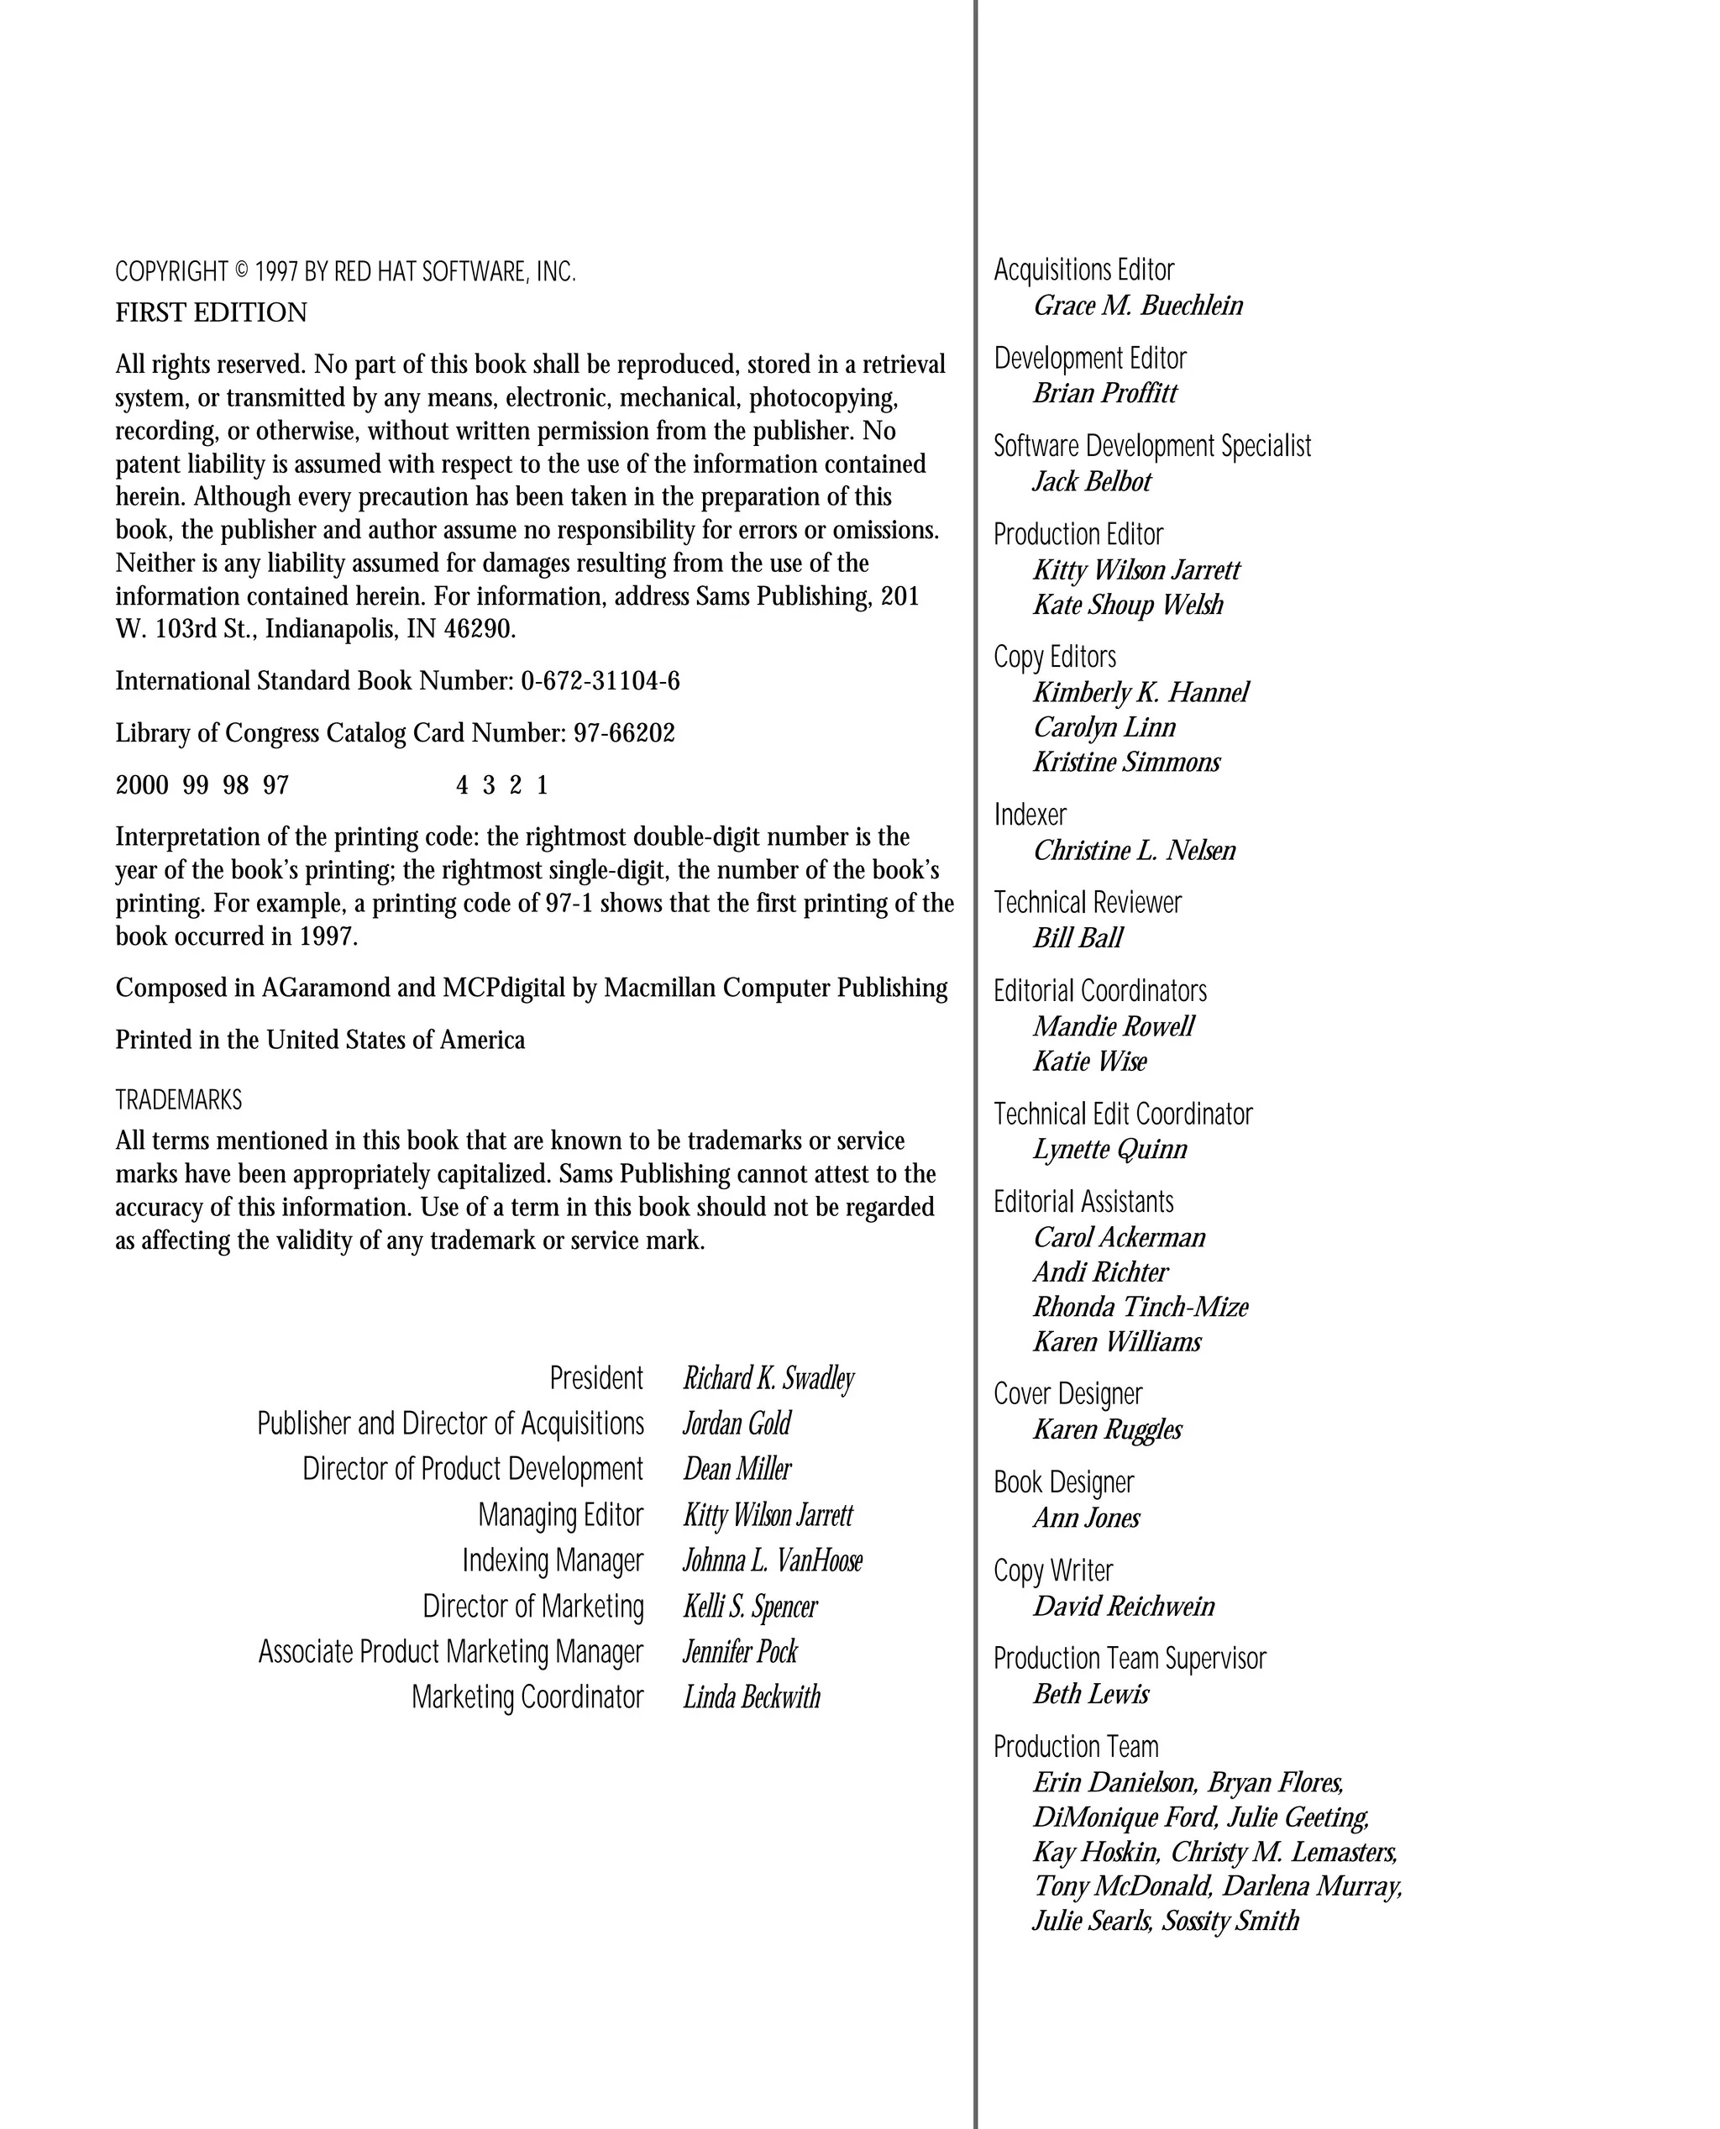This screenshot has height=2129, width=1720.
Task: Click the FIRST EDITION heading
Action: pyautogui.click(x=211, y=313)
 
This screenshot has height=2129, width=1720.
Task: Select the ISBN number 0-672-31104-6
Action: pyautogui.click(x=600, y=682)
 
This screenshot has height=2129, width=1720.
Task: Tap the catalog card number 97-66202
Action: pyautogui.click(x=624, y=733)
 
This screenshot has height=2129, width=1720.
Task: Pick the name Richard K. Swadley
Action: pyautogui.click(x=768, y=1378)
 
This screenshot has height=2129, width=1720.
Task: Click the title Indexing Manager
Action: pyautogui.click(x=553, y=1560)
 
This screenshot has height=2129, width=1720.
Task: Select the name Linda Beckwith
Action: pyautogui.click(x=752, y=1697)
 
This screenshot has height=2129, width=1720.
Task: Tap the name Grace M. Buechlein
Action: pyautogui.click(x=1137, y=305)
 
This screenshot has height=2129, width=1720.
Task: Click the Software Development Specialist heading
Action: pyautogui.click(x=1152, y=446)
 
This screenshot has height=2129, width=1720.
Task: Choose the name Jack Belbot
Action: pyautogui.click(x=1092, y=481)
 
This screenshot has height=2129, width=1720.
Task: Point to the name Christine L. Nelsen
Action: pyautogui.click(x=1135, y=850)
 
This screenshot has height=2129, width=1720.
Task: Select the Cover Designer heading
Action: pyautogui.click(x=1068, y=1394)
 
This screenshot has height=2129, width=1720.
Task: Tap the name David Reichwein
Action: pyautogui.click(x=1124, y=1606)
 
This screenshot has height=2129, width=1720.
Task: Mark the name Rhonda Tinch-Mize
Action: pyautogui.click(x=1141, y=1307)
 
